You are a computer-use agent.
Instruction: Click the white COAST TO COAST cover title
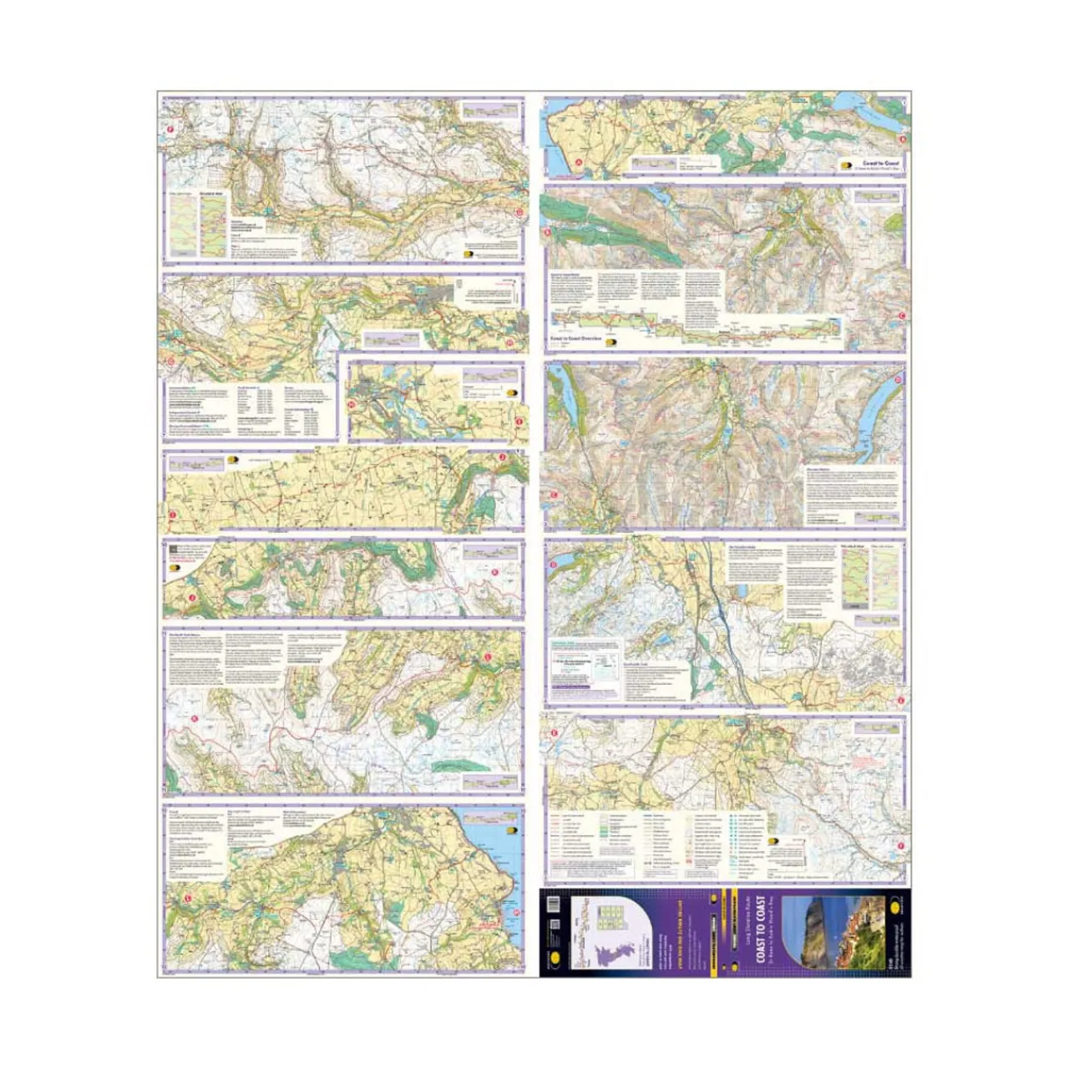(x=760, y=930)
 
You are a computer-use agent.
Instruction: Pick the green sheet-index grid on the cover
(x=614, y=914)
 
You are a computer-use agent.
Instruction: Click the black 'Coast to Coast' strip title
(x=880, y=163)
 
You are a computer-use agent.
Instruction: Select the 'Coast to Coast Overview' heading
(x=575, y=338)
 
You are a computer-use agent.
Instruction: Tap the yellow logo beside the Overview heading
(x=610, y=343)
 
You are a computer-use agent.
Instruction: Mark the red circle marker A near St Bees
(x=578, y=162)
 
